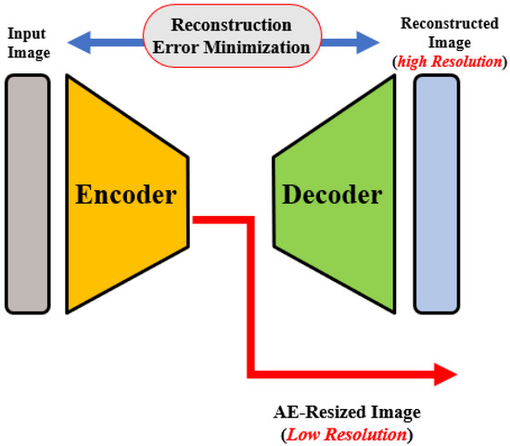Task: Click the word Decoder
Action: tap(331, 196)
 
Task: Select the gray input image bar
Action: tap(28, 191)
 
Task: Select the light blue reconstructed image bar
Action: tap(436, 192)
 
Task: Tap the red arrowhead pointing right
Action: tap(445, 375)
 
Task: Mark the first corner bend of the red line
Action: tap(249, 221)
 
